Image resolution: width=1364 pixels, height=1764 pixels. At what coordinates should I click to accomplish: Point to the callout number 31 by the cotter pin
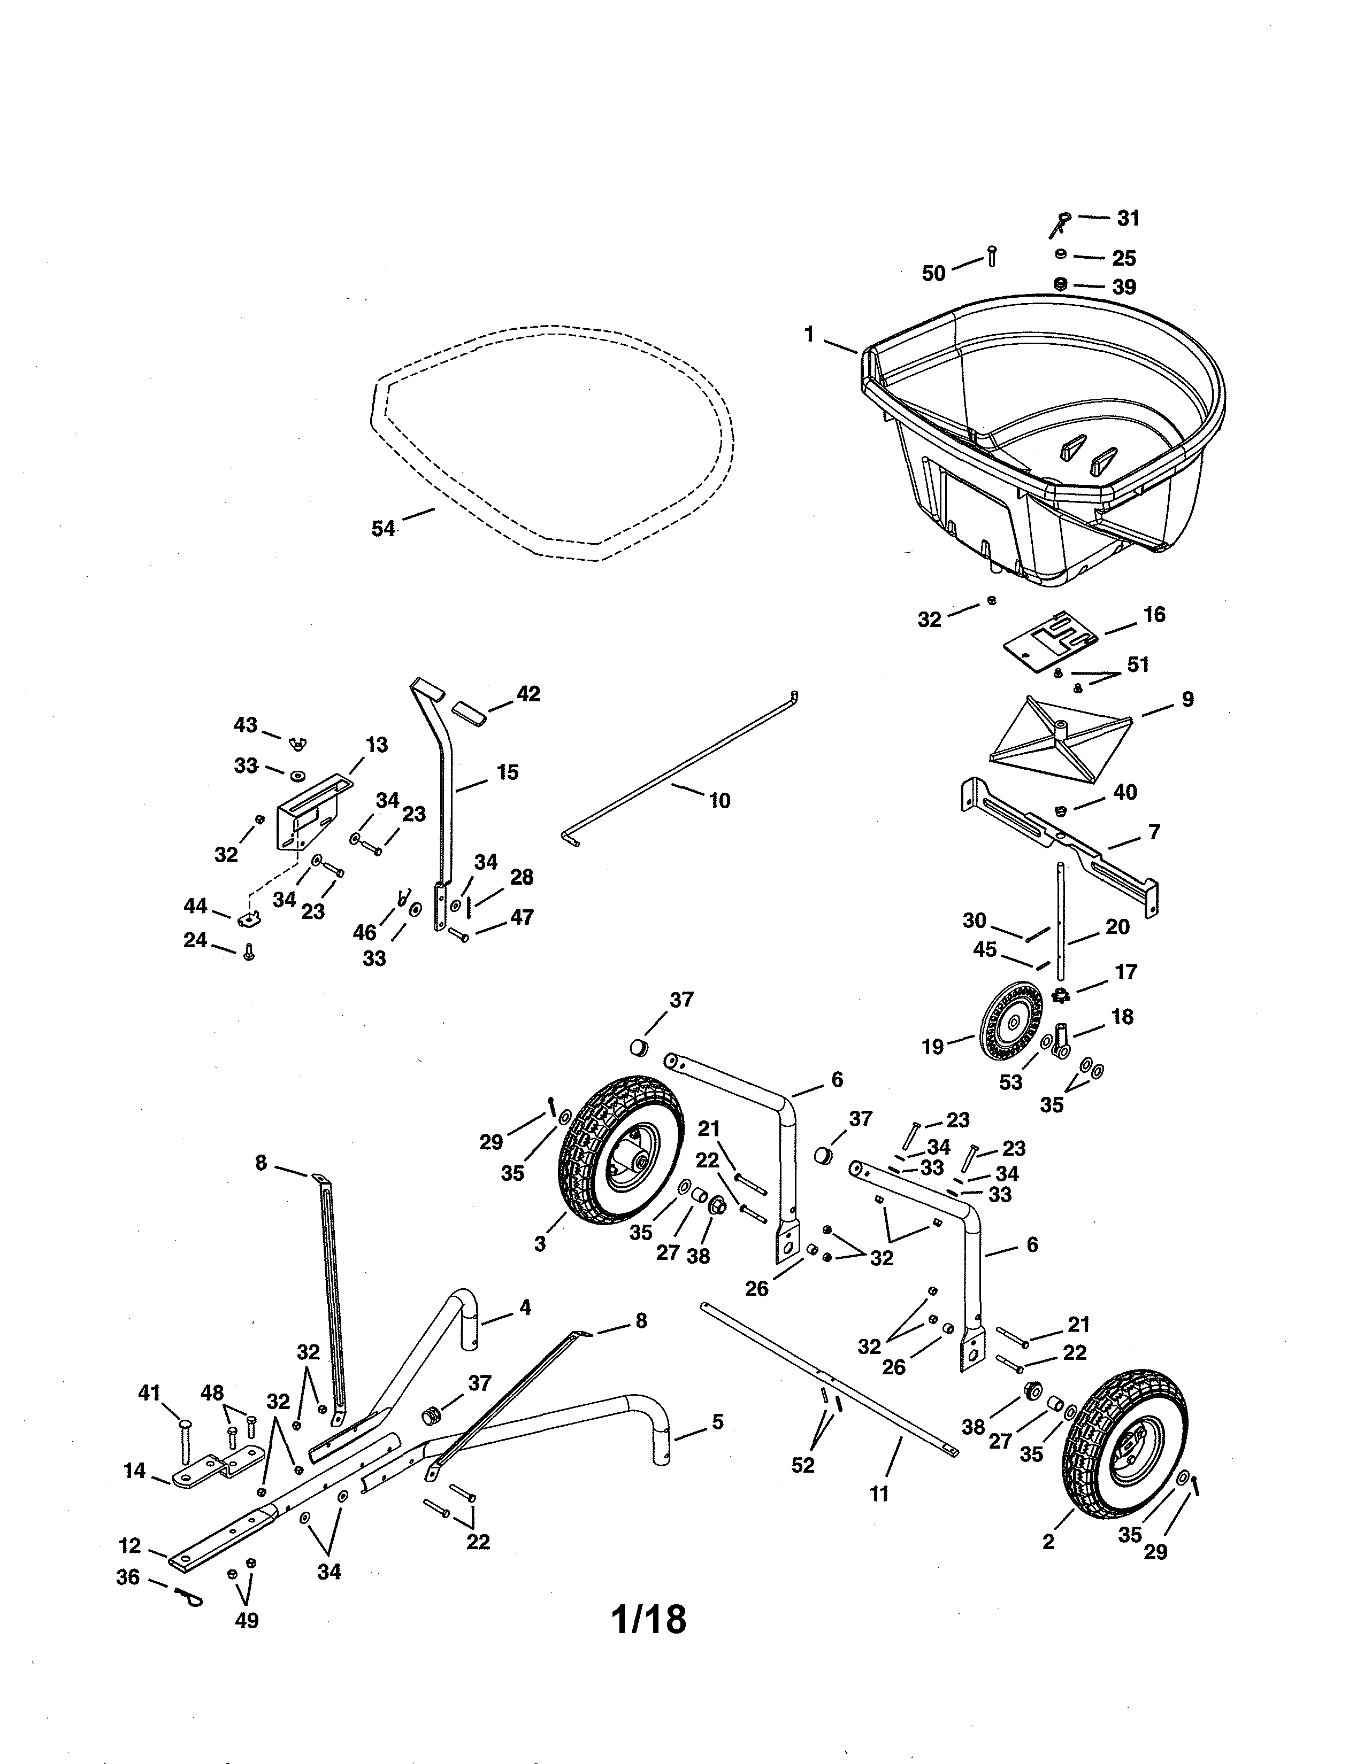(x=1128, y=218)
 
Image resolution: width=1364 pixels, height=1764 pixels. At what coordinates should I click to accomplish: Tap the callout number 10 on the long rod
(x=719, y=800)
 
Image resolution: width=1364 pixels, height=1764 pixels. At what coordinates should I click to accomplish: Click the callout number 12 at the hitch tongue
(x=129, y=1546)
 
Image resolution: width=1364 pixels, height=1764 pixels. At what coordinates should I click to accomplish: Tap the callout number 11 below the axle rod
(x=879, y=1494)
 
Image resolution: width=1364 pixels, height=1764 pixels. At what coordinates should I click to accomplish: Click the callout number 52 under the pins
(x=802, y=1464)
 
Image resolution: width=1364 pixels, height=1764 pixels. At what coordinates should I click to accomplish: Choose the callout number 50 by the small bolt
(x=933, y=274)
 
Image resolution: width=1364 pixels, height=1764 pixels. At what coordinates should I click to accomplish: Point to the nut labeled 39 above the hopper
(x=1062, y=284)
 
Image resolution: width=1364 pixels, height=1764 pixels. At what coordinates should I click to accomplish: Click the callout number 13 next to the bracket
(x=377, y=744)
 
